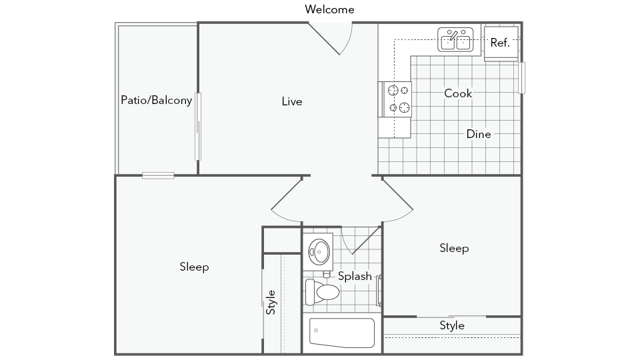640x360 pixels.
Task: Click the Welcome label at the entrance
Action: click(329, 9)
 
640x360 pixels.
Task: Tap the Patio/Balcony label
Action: click(156, 100)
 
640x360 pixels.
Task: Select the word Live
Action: click(292, 101)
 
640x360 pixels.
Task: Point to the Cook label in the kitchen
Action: click(458, 93)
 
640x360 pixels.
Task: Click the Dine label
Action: click(478, 134)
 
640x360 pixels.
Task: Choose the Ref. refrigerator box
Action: click(501, 43)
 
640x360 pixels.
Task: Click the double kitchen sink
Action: click(456, 40)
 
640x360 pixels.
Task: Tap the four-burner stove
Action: click(395, 99)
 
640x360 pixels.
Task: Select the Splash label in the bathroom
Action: click(355, 276)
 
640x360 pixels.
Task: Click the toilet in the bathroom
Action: click(322, 292)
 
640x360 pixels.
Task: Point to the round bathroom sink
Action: click(319, 251)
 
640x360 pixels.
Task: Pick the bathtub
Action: click(342, 333)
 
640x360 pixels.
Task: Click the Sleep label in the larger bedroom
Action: click(194, 267)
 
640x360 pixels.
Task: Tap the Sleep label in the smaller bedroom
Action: click(454, 248)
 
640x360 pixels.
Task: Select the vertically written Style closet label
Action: click(271, 302)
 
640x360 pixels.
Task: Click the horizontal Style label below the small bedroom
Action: click(452, 325)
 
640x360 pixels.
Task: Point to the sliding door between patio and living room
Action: click(198, 127)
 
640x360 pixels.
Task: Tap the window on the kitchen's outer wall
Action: click(522, 78)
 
